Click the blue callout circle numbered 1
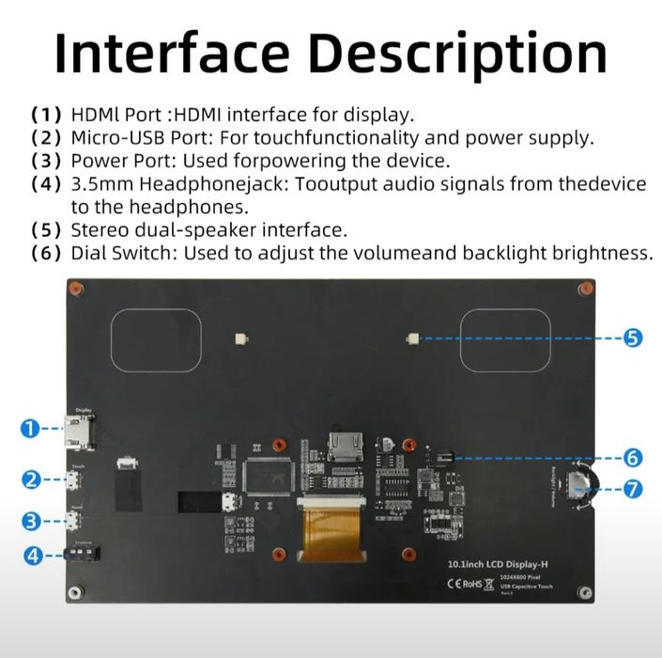(x=32, y=429)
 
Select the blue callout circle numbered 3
(x=32, y=519)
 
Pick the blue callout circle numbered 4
(x=32, y=555)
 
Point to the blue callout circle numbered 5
(x=633, y=337)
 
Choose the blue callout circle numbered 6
(x=633, y=458)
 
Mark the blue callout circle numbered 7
(x=633, y=489)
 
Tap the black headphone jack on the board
(x=83, y=554)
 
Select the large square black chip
(x=269, y=475)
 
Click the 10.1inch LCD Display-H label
(x=497, y=563)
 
